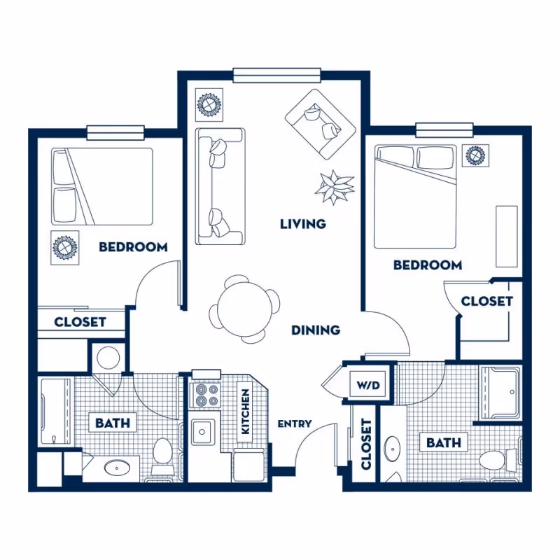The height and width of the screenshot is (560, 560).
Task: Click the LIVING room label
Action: coord(302,224)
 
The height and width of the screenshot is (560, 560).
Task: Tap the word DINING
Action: coord(316,330)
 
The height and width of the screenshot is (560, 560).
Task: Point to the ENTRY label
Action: coord(294,424)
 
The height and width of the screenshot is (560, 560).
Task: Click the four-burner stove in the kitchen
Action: coord(206,395)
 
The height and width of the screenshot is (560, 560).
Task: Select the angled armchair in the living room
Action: coord(321,122)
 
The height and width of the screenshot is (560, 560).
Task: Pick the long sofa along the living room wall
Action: coord(220,186)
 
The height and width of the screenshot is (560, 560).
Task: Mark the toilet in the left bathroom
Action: coord(164,451)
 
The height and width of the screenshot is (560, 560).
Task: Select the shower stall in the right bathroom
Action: coord(500,393)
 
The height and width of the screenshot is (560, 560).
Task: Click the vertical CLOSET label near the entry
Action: coord(365,444)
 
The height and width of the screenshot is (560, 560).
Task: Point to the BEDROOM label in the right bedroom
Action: coord(427,265)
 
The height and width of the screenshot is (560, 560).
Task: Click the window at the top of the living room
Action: coord(276,74)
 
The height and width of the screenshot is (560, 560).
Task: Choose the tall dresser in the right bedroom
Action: coord(507,236)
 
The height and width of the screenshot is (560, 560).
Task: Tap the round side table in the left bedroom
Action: coord(64,248)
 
